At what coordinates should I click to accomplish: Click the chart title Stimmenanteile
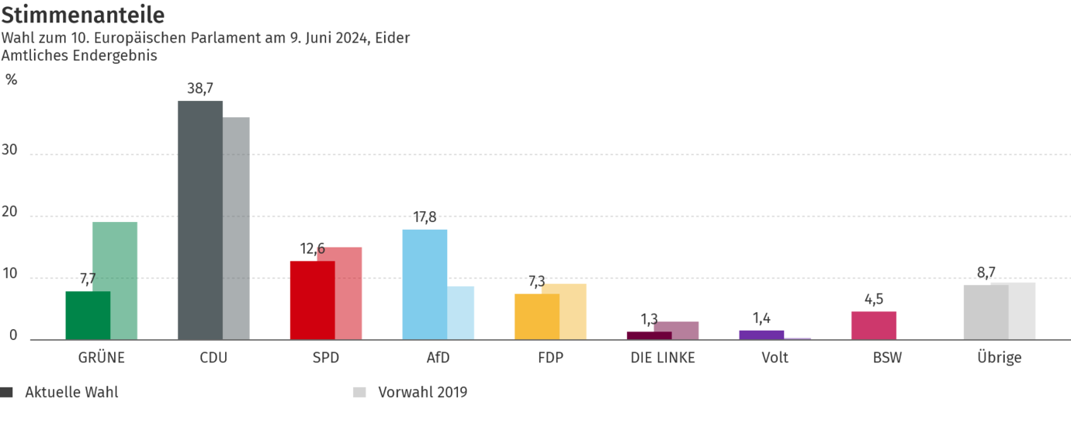click(x=83, y=15)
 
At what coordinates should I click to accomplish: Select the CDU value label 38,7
click(x=199, y=88)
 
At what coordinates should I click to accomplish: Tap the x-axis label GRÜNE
click(x=102, y=358)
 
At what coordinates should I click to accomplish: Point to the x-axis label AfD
click(x=438, y=358)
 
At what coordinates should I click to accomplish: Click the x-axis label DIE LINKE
click(x=663, y=358)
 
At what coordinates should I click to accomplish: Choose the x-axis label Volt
click(x=775, y=358)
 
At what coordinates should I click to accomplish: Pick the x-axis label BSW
click(x=887, y=358)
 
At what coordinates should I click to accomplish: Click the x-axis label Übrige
click(x=999, y=358)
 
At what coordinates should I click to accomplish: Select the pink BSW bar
click(x=874, y=325)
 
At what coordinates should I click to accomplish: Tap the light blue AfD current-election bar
click(x=425, y=283)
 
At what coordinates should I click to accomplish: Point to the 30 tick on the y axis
click(x=10, y=151)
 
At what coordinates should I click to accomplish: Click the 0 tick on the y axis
click(x=13, y=336)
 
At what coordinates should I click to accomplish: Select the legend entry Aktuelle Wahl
click(x=71, y=392)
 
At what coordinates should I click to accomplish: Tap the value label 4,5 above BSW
click(x=874, y=300)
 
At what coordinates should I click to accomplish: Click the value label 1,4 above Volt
click(x=761, y=317)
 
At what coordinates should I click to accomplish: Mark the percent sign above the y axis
click(x=12, y=79)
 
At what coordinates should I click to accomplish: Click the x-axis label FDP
click(x=550, y=358)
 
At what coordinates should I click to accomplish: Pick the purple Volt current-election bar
click(x=761, y=334)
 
